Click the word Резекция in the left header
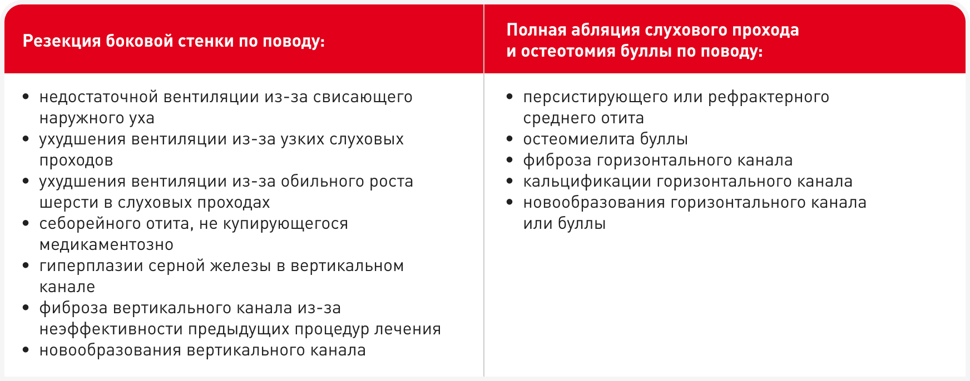(62, 42)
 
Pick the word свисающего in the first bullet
(363, 98)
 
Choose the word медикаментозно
(106, 245)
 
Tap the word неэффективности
(111, 329)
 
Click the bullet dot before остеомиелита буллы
(510, 139)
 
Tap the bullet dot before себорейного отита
(26, 223)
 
